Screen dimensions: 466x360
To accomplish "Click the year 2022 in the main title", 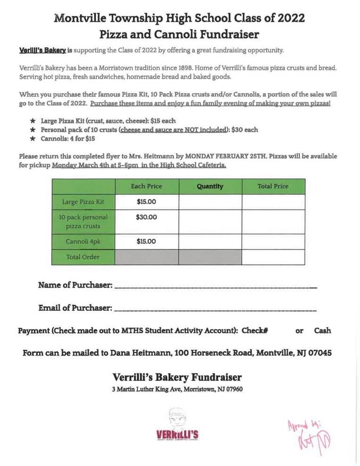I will (287, 18).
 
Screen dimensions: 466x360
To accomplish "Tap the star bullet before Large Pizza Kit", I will (33, 121).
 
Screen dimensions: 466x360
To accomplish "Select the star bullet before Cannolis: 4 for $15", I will (33, 138).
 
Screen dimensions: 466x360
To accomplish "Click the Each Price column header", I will (146, 186).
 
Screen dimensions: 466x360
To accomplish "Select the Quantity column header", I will (210, 186).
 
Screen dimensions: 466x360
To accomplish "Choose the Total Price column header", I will (273, 186).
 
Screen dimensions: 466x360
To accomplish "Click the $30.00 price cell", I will (146, 217).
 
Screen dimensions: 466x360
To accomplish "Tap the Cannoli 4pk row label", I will (83, 242).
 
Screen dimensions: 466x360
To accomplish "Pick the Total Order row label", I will (83, 257).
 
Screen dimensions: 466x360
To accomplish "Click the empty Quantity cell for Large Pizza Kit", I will (210, 202).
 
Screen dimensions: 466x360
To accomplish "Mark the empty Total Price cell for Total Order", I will (273, 257).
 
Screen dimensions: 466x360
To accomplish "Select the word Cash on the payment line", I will (322, 331).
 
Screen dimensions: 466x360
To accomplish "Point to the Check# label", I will (255, 331).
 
